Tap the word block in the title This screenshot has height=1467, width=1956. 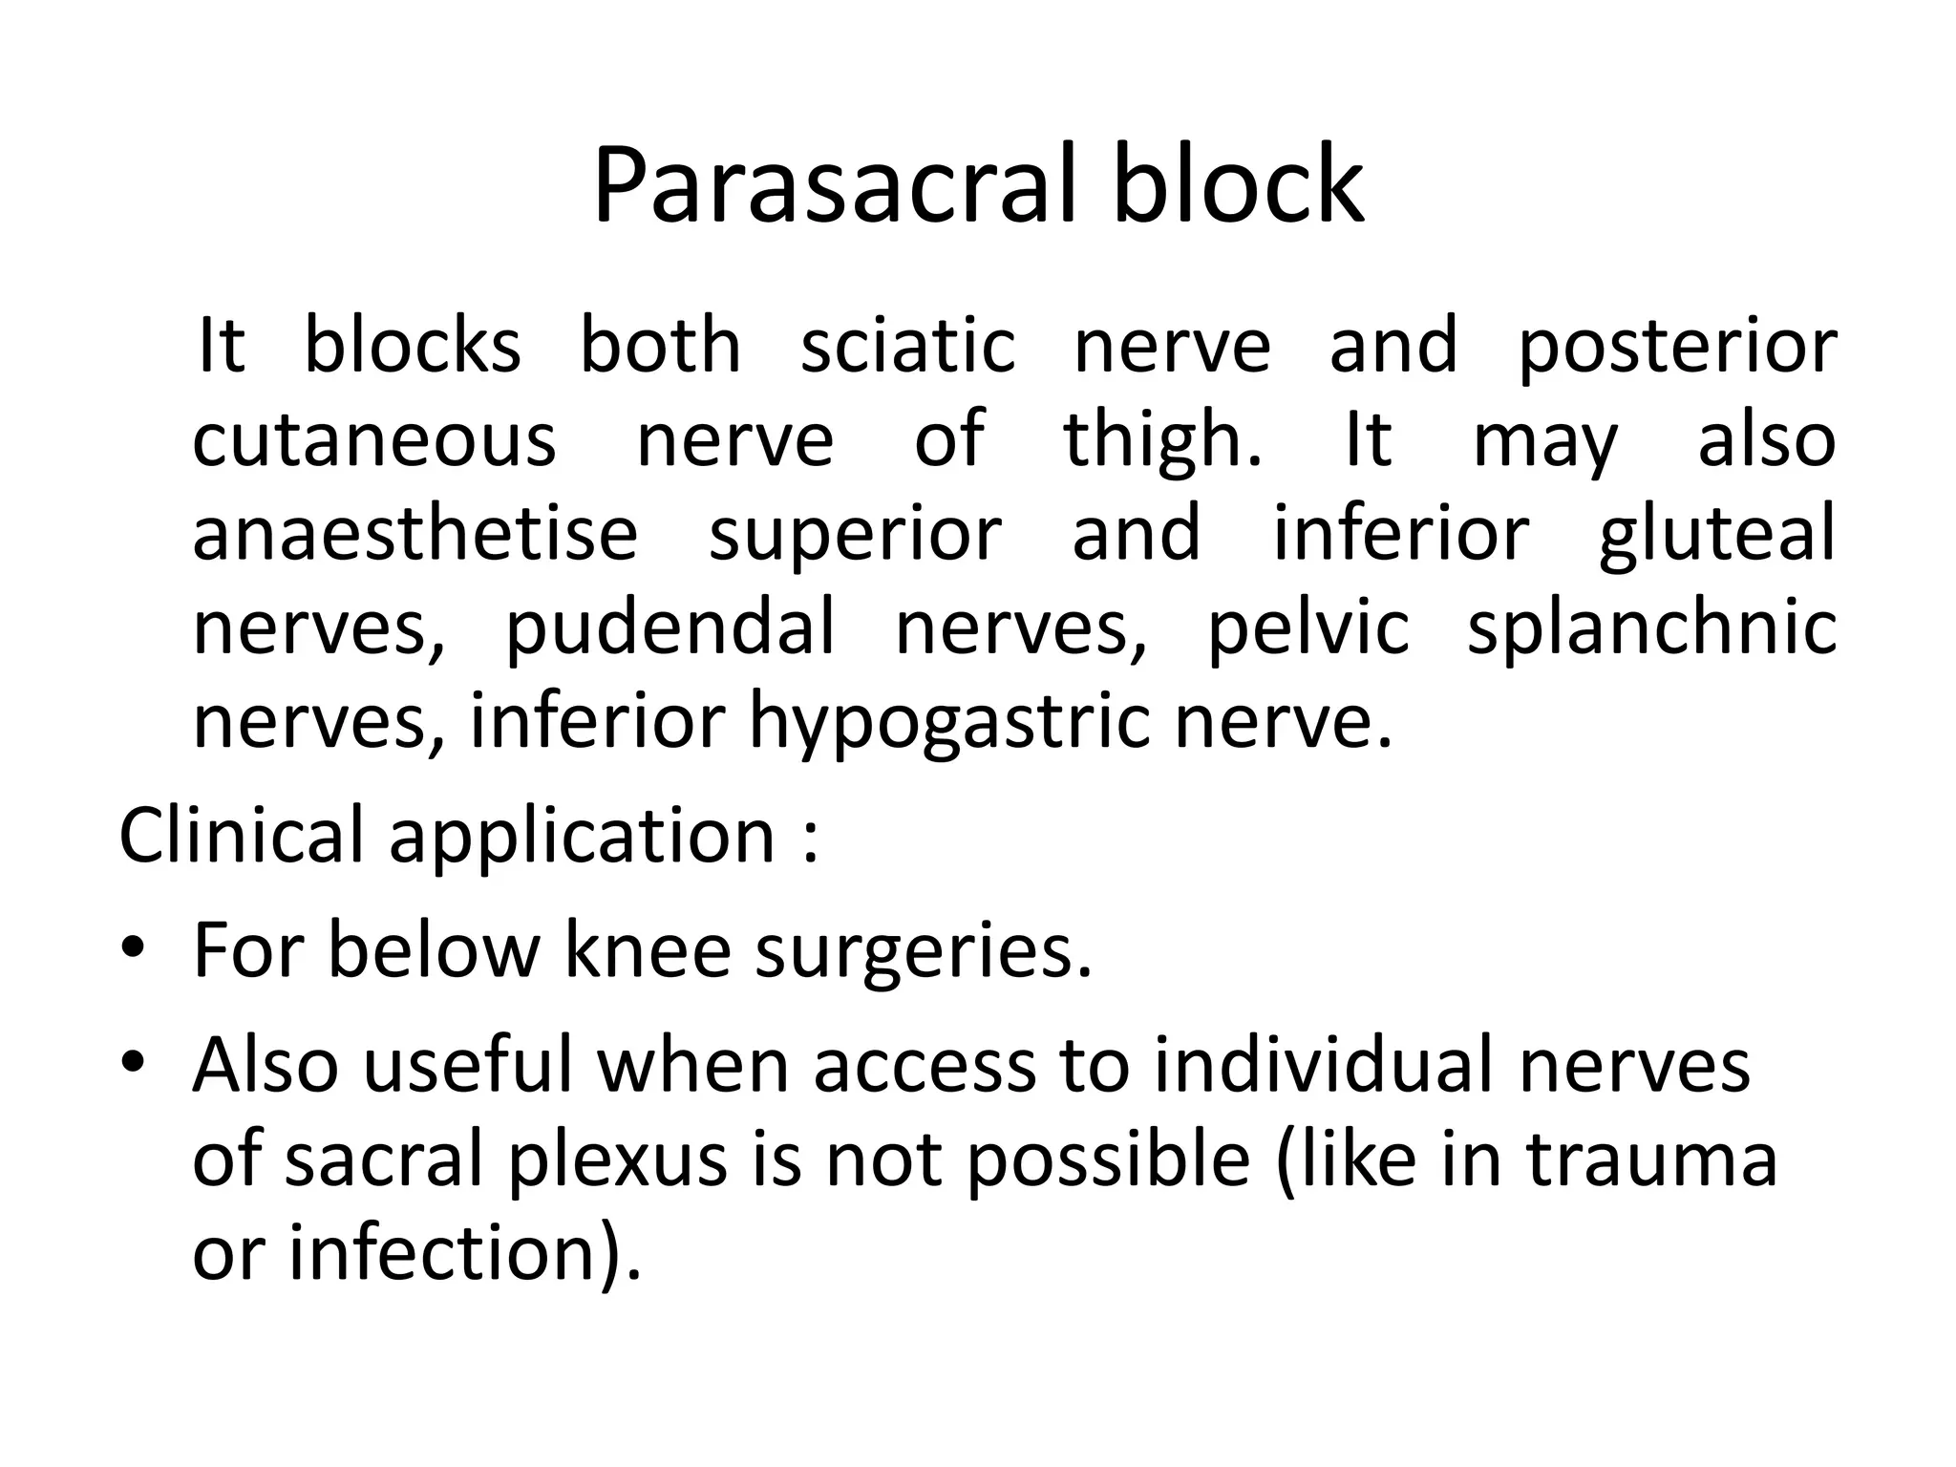[1239, 185]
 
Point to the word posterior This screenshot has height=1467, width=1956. [1677, 349]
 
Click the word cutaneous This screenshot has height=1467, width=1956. [374, 440]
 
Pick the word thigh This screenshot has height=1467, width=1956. [1161, 440]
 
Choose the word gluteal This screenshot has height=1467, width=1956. [1716, 535]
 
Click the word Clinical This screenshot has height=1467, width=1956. [242, 835]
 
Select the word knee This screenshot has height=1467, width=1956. [648, 949]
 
